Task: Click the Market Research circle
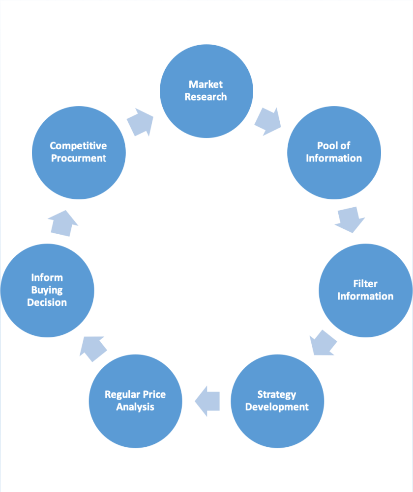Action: [x=206, y=91]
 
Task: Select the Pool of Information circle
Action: [x=334, y=153]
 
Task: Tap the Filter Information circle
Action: [x=365, y=290]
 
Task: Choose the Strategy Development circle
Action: [x=277, y=401]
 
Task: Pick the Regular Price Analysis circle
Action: [x=135, y=401]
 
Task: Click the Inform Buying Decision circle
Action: [x=47, y=290]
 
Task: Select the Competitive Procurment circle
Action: [x=79, y=153]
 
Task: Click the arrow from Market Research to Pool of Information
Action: [x=268, y=122]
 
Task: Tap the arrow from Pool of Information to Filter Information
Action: [x=350, y=220]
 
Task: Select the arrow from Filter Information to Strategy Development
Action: [x=323, y=342]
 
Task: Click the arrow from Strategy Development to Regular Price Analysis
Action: [x=207, y=401]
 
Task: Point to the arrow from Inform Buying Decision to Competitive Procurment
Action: [x=64, y=223]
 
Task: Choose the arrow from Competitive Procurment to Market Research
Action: [x=141, y=122]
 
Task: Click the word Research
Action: [x=206, y=97]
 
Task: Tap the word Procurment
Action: [x=79, y=158]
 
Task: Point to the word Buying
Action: [x=47, y=290]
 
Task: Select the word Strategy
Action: [x=277, y=395]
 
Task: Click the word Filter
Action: [x=365, y=284]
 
